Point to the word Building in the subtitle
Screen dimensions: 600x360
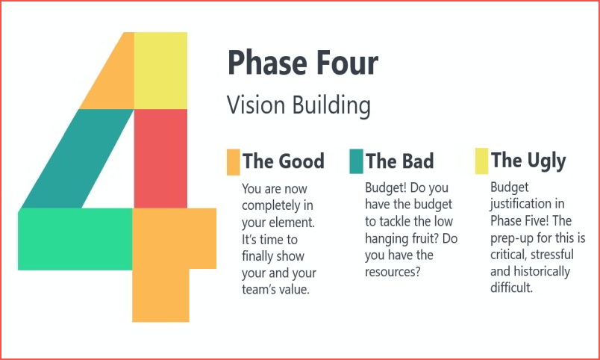[331, 105]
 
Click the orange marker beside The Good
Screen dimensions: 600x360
[233, 162]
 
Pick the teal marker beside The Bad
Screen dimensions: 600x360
[356, 161]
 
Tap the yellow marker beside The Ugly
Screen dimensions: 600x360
[482, 161]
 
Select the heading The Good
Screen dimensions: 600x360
[283, 161]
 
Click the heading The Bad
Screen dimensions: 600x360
[399, 161]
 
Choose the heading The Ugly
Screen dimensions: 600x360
[528, 161]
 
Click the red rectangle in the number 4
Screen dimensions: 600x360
[160, 158]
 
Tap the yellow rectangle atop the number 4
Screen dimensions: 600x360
[160, 70]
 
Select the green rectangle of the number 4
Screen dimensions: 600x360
[75, 239]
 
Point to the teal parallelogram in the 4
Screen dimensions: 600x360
[78, 158]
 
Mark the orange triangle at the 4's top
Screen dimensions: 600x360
[115, 81]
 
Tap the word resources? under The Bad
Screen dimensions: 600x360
[393, 272]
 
